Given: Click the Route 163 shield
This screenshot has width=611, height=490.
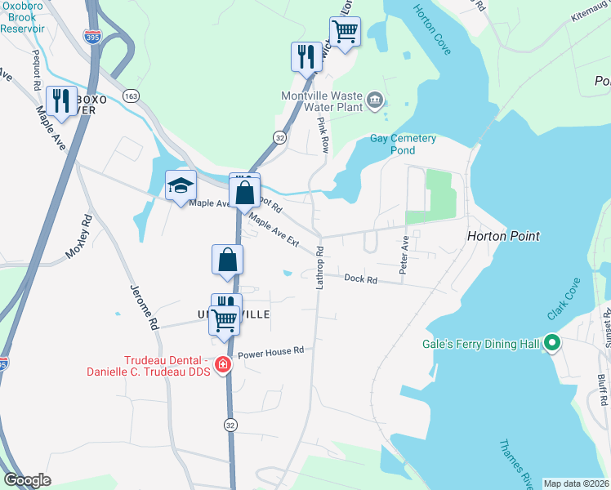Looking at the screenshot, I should (x=130, y=96).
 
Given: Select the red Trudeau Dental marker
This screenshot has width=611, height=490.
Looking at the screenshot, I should (x=222, y=365).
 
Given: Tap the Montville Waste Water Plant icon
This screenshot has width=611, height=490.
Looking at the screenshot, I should (x=375, y=100).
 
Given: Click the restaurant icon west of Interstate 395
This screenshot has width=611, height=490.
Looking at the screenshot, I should (x=60, y=100).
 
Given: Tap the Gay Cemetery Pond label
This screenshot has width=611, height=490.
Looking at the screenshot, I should (x=404, y=145).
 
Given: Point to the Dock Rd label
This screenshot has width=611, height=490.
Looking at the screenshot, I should (x=360, y=279).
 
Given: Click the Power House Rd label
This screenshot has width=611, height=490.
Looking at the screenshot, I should (x=270, y=350).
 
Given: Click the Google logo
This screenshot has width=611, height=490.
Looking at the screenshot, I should (x=27, y=480).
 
